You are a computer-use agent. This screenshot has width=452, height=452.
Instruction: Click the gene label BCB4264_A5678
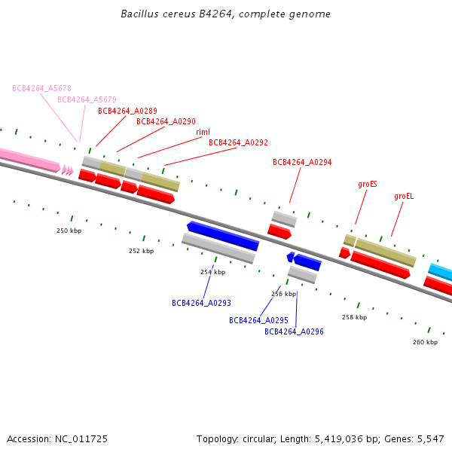[41, 88]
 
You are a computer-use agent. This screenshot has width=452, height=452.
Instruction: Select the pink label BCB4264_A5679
[87, 99]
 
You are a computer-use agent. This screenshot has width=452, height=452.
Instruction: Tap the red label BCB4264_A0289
[127, 111]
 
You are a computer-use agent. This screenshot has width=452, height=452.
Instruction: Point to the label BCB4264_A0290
[166, 121]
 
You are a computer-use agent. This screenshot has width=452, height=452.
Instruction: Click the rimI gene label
[203, 132]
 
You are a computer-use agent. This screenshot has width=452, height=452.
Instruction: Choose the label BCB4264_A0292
[238, 142]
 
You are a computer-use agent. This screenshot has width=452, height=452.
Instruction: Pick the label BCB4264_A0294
[302, 162]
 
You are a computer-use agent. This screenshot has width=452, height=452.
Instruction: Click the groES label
[368, 184]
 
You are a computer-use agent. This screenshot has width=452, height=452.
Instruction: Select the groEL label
[404, 196]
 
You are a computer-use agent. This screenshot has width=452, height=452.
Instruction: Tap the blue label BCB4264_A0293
[201, 303]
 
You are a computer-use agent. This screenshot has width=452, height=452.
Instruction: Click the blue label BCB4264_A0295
[258, 320]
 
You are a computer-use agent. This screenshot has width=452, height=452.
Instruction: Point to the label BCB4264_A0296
[294, 331]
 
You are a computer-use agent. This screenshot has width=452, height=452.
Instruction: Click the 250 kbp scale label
[69, 231]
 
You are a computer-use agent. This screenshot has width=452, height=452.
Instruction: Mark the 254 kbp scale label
[212, 272]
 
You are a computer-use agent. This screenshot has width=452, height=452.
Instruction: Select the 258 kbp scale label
[354, 318]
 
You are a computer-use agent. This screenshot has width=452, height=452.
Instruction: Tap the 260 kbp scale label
[425, 342]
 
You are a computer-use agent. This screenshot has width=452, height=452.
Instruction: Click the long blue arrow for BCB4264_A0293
[224, 236]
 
